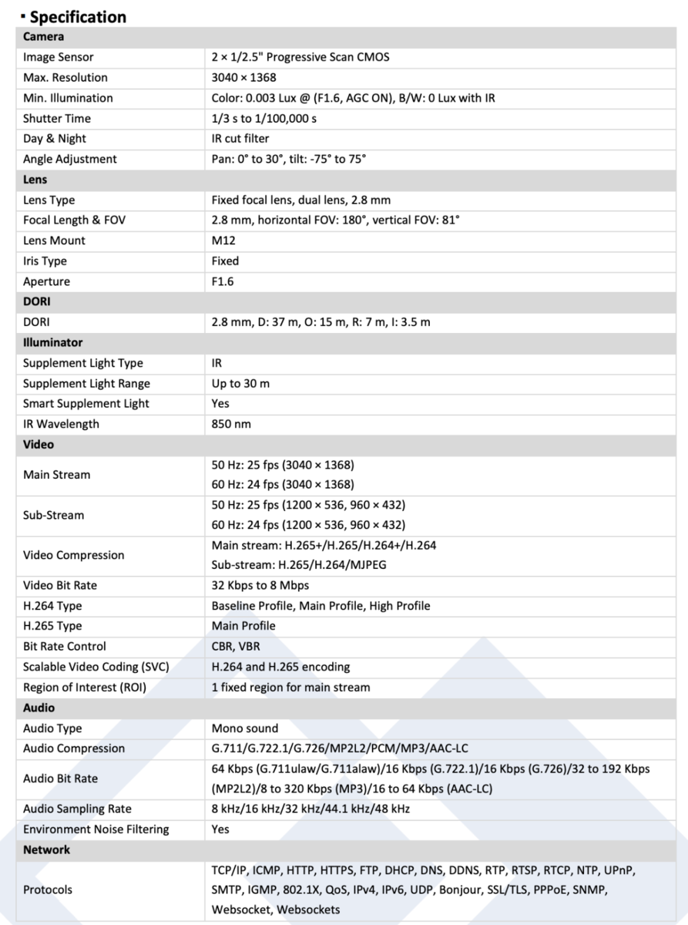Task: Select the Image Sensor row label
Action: coord(58,57)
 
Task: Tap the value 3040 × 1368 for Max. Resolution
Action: coord(243,78)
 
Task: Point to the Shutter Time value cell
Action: coord(263,119)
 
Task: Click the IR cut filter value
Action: coord(240,139)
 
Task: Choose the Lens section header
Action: coord(35,180)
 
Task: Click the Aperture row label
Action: coord(46,281)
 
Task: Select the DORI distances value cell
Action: coord(321,322)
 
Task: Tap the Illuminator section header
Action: coord(52,342)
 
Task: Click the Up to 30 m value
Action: coord(240,383)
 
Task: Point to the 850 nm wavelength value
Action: coord(231,424)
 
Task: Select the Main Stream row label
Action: coord(56,475)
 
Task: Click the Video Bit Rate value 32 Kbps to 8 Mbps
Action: coord(260,586)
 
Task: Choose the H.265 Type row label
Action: coord(52,626)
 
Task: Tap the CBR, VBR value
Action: coord(236,647)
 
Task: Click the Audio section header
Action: coord(39,708)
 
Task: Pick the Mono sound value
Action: coord(245,728)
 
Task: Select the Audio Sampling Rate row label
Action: coord(77,809)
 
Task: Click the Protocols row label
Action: coord(48,890)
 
